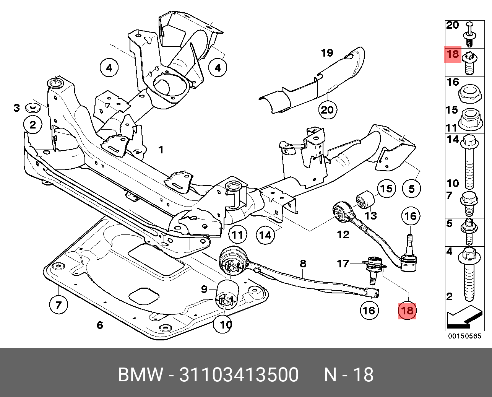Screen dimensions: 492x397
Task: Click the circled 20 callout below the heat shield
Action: tap(328, 110)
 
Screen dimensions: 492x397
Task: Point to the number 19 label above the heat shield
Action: tap(327, 53)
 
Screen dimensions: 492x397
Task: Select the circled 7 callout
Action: tap(58, 305)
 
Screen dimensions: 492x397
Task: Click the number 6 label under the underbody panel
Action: tap(100, 325)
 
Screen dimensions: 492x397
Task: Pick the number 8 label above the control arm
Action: tap(303, 264)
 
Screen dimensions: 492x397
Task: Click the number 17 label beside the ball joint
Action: tap(343, 264)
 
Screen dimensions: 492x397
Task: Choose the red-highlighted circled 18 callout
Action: tap(407, 311)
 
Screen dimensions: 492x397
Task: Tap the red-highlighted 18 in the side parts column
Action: tap(453, 54)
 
